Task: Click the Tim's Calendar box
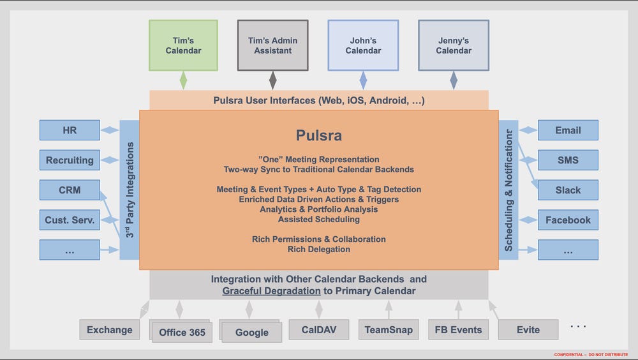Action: point(183,45)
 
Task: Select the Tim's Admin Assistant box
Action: point(272,45)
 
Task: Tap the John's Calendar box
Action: point(363,45)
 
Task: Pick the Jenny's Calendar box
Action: point(454,45)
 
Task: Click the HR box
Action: point(70,130)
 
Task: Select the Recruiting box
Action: point(70,160)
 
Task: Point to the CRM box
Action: point(70,190)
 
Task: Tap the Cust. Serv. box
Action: point(70,220)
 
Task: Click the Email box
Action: point(568,130)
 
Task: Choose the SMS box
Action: point(568,160)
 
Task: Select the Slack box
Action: point(568,190)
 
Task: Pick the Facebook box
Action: point(568,220)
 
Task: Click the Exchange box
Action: point(110,329)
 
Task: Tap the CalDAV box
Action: point(318,329)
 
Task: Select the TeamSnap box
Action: point(389,330)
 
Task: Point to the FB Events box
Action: point(458,330)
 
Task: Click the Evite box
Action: point(528,330)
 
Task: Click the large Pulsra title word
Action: point(318,135)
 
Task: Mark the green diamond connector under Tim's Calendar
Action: point(184,80)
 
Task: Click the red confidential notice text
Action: point(591,354)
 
